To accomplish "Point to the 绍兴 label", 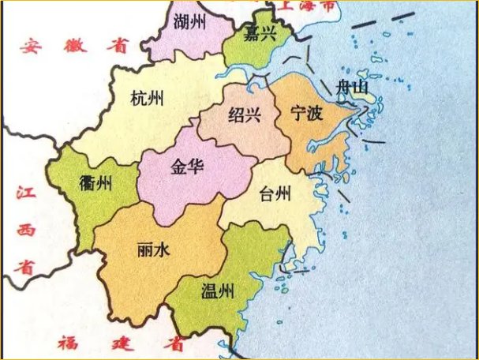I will pos(244,116).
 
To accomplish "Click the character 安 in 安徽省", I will pos(31,45).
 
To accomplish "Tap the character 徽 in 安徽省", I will pos(76,45).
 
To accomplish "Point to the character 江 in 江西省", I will pos(26,192).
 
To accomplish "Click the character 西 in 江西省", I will pos(26,229).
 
